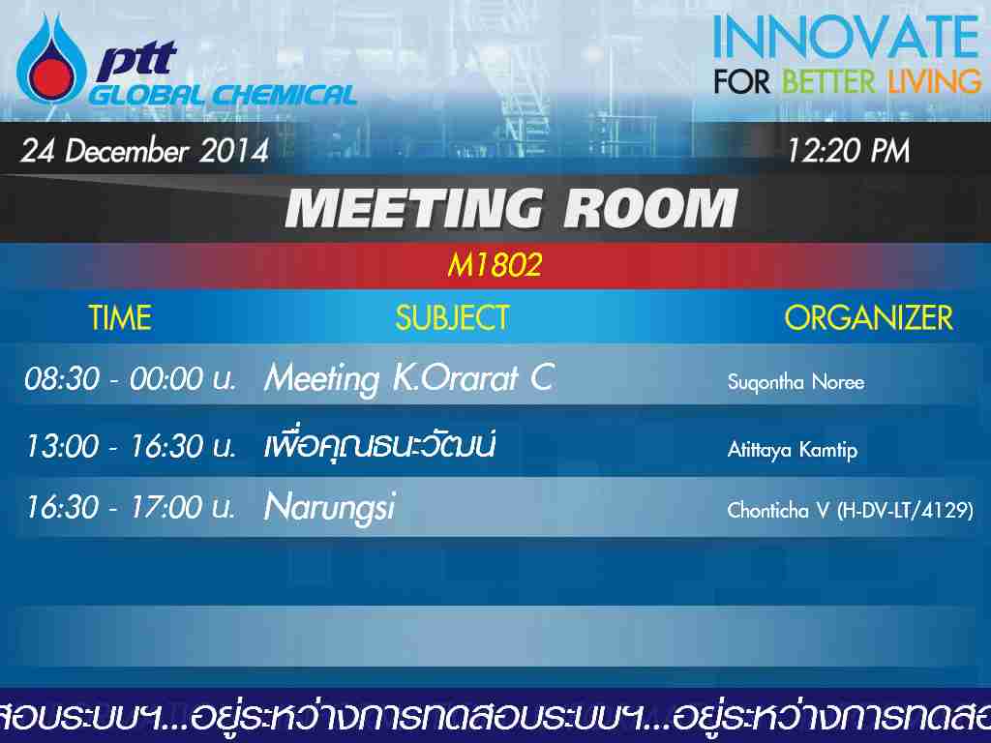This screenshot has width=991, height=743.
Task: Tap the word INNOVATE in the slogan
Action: tap(847, 37)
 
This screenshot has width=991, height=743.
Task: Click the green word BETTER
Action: tap(828, 82)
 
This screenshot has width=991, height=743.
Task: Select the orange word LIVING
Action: tap(935, 82)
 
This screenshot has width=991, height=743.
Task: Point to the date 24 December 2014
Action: tap(145, 151)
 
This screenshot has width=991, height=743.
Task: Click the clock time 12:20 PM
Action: tap(848, 151)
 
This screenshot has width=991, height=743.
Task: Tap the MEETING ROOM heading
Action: tap(511, 208)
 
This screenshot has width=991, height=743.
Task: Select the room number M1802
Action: tap(495, 265)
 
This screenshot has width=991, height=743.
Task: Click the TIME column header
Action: tap(119, 317)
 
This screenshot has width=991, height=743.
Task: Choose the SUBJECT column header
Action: tap(453, 317)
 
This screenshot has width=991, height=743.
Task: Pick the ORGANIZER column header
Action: tap(868, 317)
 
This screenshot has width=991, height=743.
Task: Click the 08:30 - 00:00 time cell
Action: tap(131, 379)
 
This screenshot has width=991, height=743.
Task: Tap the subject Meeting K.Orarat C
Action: tap(409, 378)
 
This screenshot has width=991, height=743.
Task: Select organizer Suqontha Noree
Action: tap(796, 381)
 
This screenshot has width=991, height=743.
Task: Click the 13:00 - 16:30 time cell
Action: tap(131, 446)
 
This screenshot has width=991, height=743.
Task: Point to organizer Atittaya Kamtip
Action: tap(793, 449)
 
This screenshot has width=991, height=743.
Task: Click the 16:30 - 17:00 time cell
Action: tap(131, 507)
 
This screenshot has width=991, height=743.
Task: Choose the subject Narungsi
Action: tap(330, 508)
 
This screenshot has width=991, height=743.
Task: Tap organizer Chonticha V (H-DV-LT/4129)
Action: tap(850, 510)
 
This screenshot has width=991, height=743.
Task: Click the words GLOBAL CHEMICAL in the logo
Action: tap(224, 95)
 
